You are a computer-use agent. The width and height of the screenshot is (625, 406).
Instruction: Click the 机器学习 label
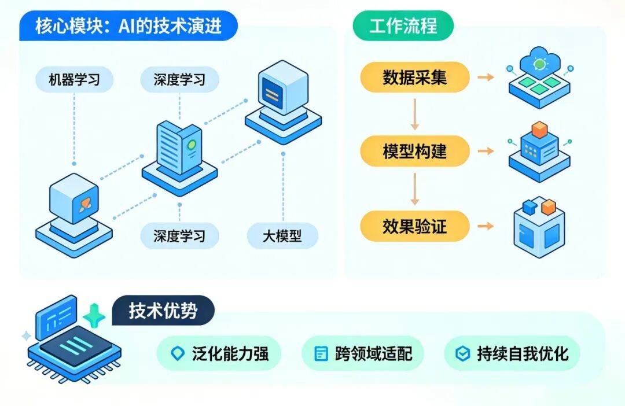74,79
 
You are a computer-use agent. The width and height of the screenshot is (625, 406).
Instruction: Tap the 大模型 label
282,236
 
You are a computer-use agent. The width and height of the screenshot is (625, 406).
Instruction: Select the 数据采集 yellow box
414,77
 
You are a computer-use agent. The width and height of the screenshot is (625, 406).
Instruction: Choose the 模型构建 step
414,152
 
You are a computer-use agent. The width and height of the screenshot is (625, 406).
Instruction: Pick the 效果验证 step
414,226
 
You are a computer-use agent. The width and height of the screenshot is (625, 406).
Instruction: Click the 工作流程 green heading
403,26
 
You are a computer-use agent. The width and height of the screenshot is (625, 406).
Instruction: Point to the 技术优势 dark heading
163,311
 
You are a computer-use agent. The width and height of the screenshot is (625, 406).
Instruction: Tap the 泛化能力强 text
230,353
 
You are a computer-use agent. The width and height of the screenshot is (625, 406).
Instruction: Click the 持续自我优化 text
523,353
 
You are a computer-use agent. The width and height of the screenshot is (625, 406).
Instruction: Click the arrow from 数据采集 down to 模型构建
414,114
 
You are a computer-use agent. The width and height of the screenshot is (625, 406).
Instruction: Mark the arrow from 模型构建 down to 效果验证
414,189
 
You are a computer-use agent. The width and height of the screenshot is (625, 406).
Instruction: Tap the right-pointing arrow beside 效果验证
486,226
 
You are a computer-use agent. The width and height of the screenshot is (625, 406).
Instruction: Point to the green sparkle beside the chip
94,316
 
